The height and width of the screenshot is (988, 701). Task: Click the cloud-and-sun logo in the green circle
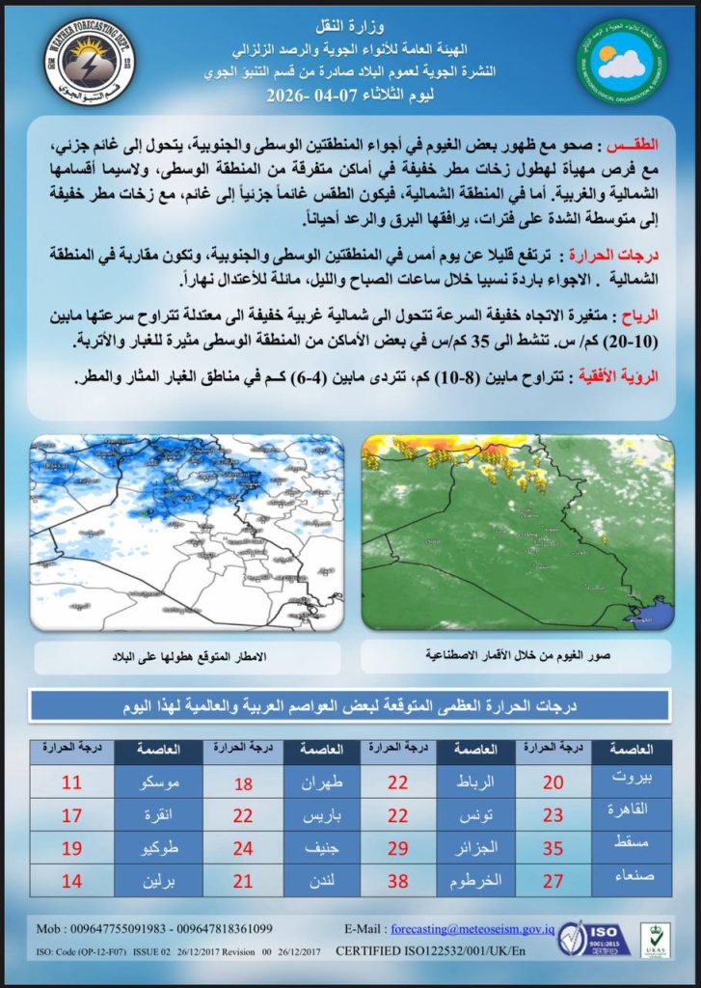[622, 65]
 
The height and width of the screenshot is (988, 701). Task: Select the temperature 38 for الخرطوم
[398, 880]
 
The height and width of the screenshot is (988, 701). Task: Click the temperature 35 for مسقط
[553, 847]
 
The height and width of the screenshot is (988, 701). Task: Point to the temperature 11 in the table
[71, 782]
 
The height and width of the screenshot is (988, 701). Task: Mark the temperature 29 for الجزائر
[398, 847]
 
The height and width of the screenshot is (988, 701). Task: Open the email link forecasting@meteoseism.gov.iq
[468, 929]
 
